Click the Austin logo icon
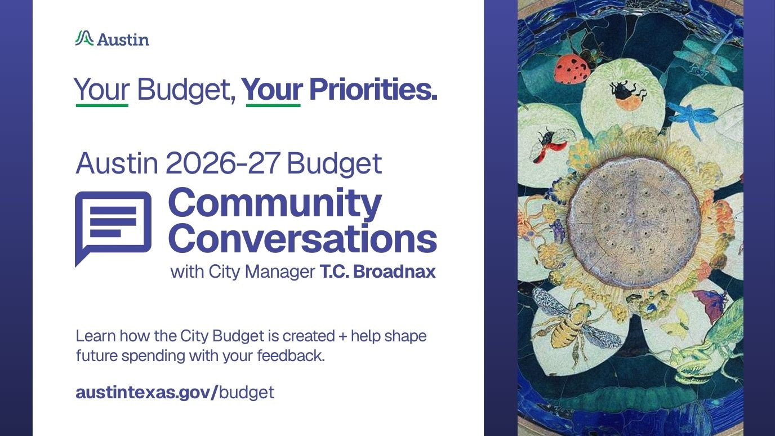point(84,38)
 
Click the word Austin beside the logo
point(123,39)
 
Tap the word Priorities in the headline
point(373,89)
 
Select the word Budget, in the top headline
point(186,90)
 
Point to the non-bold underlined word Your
point(101,90)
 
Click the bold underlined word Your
point(273,90)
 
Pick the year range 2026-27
point(223,163)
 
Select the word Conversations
point(302,239)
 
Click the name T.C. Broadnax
point(377,272)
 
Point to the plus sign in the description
point(343,336)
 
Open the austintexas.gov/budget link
point(175,392)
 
